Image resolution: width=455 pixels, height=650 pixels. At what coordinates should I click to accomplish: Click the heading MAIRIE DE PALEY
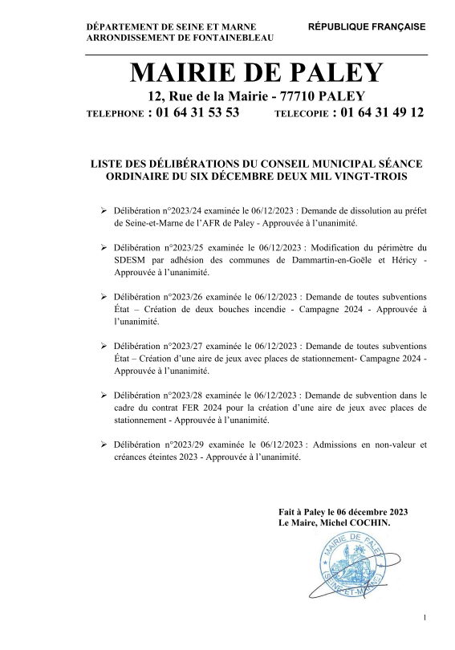(x=257, y=74)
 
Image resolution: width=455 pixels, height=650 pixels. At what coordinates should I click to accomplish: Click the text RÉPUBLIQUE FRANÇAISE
(x=367, y=26)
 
